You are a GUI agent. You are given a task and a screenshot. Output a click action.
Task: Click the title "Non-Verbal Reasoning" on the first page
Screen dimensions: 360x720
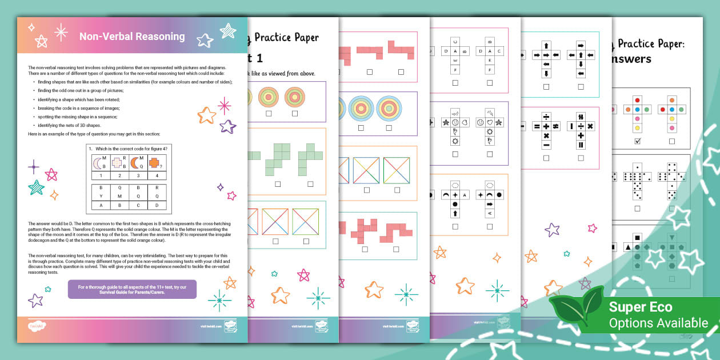(132, 37)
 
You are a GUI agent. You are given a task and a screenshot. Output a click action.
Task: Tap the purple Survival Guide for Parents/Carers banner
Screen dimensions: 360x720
(132, 289)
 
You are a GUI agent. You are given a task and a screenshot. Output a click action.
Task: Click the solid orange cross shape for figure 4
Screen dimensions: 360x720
(154, 163)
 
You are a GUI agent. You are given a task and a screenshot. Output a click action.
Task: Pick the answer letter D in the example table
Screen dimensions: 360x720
(157, 205)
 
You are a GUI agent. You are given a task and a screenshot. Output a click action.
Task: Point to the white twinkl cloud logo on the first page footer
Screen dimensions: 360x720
(36, 326)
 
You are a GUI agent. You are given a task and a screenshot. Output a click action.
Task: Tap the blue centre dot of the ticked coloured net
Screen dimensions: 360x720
(638, 109)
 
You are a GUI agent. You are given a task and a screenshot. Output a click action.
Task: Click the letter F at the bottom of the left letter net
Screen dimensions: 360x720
(455, 70)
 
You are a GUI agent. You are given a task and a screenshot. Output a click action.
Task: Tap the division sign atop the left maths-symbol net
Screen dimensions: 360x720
(546, 116)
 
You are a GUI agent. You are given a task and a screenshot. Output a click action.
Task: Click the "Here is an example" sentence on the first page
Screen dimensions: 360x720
(94, 134)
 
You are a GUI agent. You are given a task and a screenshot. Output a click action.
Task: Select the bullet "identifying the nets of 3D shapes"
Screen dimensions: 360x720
(70, 125)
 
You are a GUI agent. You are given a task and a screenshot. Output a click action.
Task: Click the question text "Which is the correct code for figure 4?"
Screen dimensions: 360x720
(131, 149)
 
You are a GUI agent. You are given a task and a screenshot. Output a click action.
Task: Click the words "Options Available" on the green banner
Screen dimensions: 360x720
(658, 323)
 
